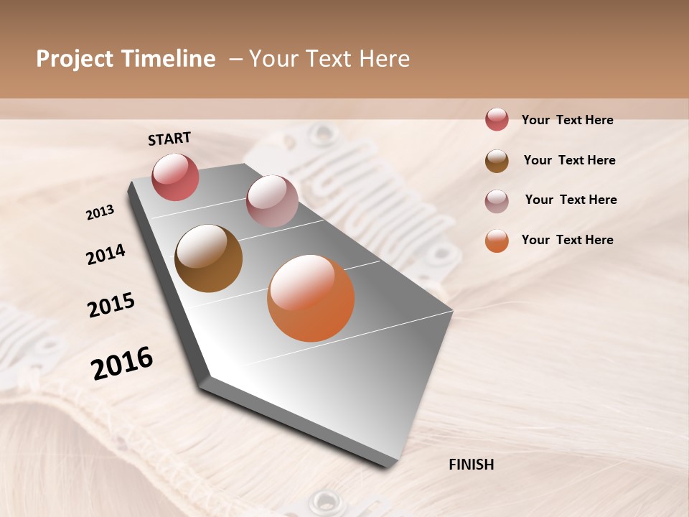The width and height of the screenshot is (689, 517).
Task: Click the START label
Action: (169, 139)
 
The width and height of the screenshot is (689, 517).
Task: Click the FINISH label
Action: (471, 465)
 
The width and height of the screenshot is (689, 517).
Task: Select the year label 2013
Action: (100, 213)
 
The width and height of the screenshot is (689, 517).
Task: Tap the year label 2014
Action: (106, 255)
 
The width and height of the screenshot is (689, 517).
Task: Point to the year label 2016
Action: (122, 363)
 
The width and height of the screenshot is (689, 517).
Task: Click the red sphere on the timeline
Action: (175, 177)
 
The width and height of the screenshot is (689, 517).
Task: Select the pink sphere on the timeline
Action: (272, 201)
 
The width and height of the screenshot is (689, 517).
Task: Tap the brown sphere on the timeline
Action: (208, 258)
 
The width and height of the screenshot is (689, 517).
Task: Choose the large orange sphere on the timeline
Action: (311, 298)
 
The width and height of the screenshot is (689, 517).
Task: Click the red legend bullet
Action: (497, 119)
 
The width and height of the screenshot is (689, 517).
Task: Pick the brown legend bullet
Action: (497, 161)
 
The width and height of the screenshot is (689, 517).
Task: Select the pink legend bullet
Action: (497, 201)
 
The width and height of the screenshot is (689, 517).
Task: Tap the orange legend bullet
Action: (497, 241)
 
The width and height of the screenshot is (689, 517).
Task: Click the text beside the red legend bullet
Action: (567, 121)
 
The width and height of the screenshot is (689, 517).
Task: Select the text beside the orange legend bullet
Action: (567, 240)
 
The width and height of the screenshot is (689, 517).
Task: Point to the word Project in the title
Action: (75, 59)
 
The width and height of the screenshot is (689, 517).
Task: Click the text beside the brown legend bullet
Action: (569, 160)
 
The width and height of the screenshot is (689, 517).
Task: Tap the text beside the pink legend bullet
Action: (571, 200)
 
